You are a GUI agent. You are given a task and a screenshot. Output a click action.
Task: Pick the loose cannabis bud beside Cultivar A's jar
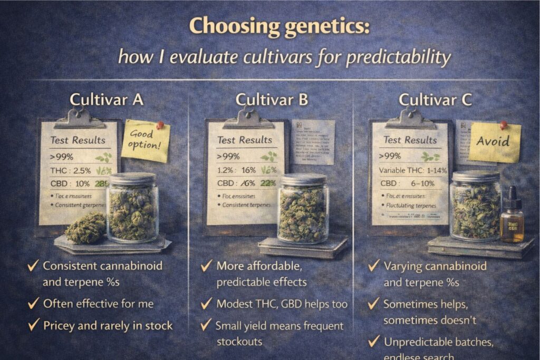coord(86,228)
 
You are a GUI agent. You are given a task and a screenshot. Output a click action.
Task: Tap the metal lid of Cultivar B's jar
coord(303,179)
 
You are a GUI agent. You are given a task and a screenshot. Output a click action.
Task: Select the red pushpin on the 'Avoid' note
coord(504,125)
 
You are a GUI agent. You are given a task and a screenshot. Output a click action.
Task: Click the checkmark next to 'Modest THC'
coord(207,304)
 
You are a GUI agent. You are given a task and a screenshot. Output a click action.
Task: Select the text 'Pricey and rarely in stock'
coord(108,325)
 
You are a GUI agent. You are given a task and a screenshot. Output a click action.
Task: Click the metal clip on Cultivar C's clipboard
coord(409,119)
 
